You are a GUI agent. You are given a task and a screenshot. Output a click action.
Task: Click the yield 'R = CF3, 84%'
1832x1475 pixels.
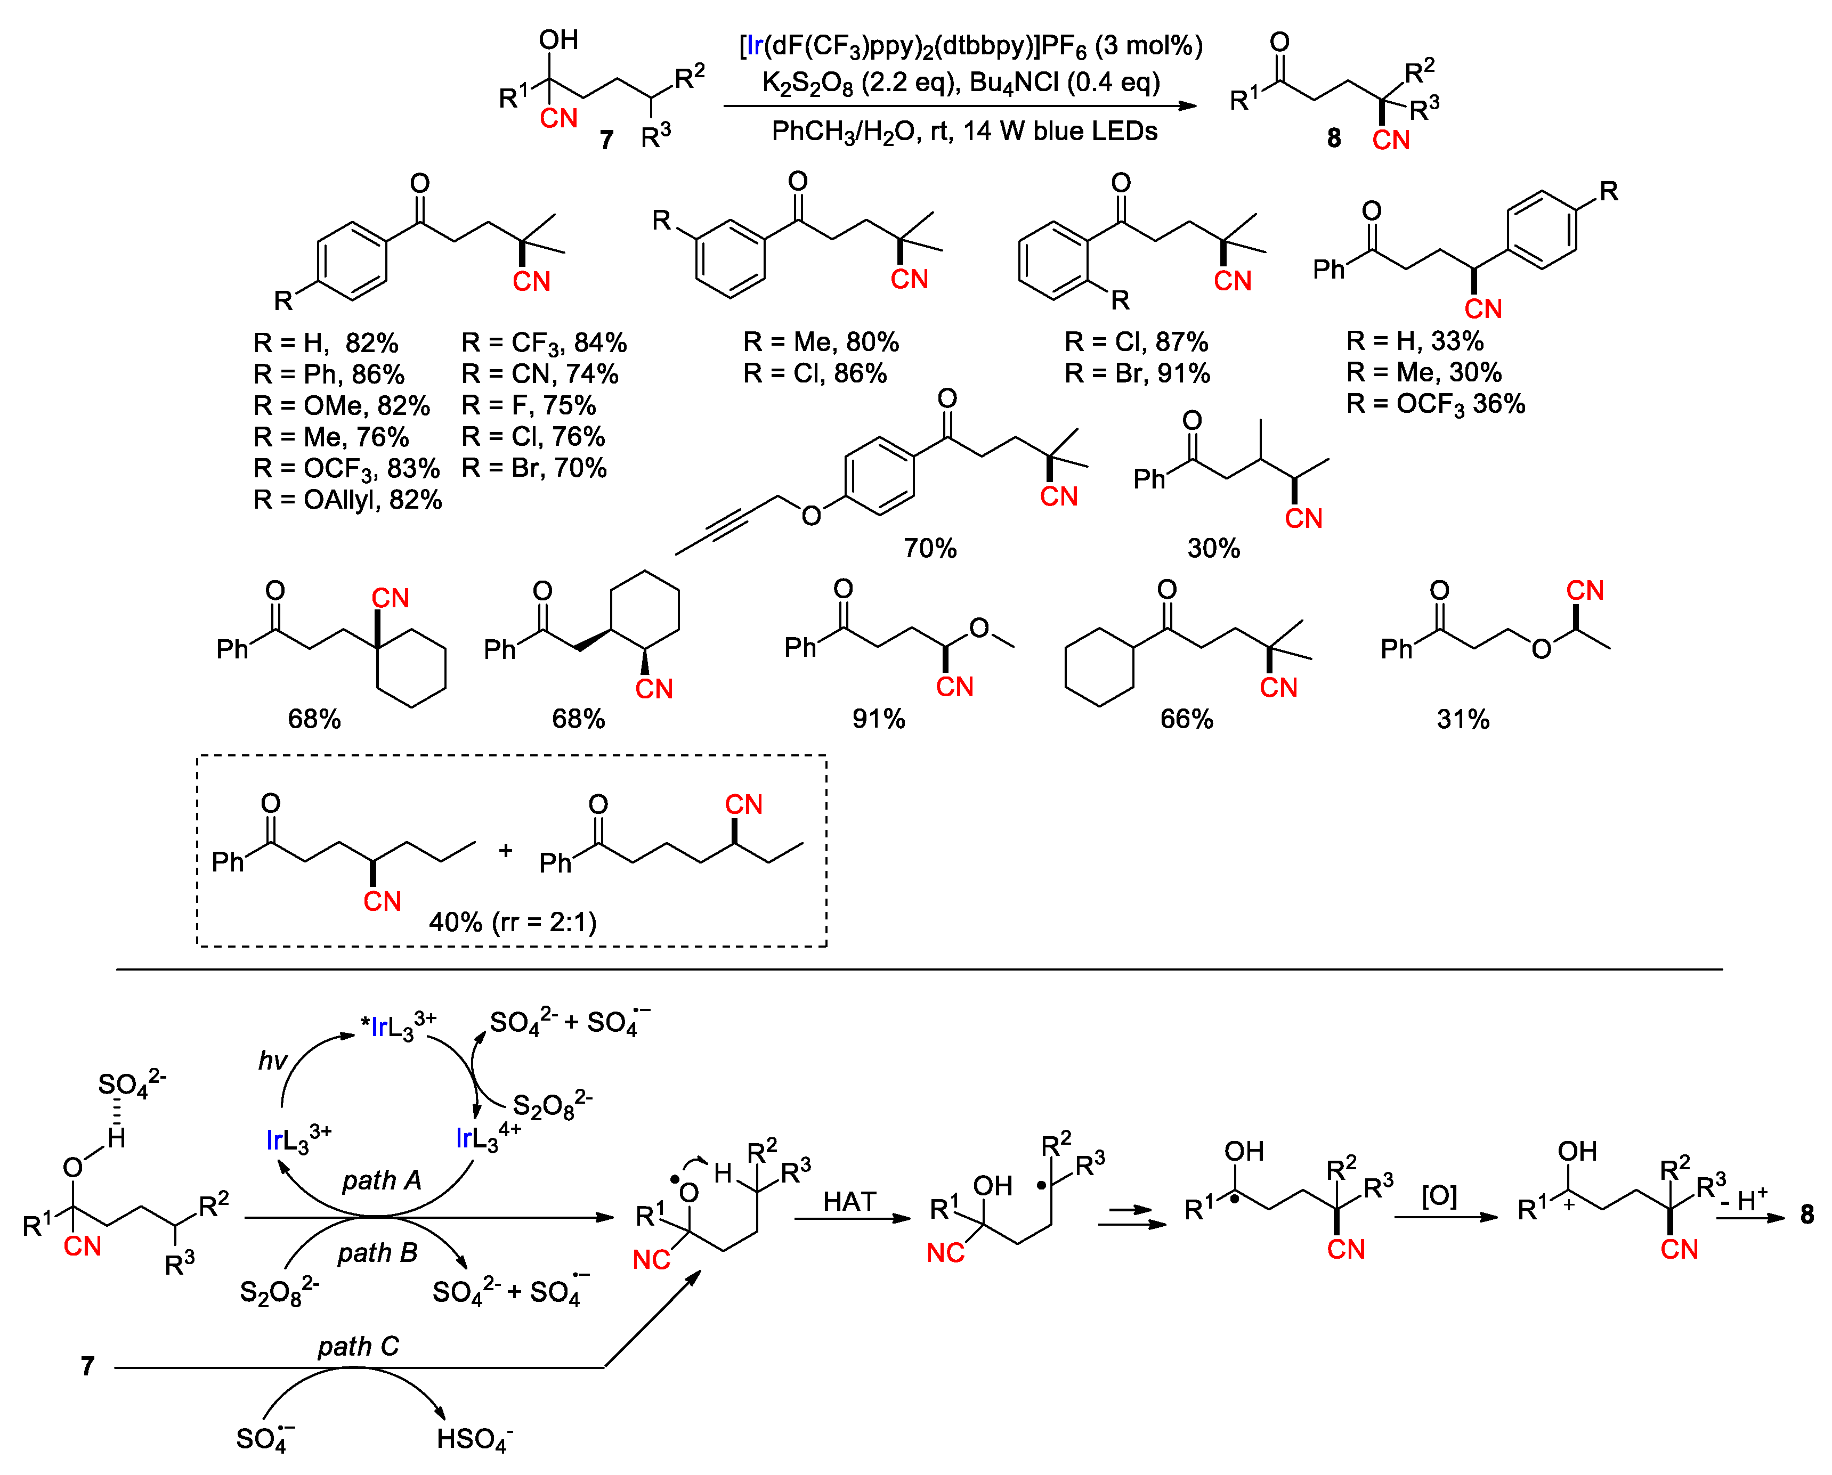pyautogui.click(x=544, y=343)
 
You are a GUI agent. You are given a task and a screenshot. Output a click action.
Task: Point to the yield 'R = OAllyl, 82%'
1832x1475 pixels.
pyautogui.click(x=347, y=500)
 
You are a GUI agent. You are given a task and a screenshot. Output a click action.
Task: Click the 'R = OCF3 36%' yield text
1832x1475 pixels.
pyautogui.click(x=1435, y=404)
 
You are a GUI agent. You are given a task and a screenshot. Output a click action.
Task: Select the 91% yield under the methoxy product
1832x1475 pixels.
pyautogui.click(x=879, y=719)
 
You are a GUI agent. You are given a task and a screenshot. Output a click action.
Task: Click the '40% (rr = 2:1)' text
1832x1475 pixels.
pyautogui.click(x=513, y=922)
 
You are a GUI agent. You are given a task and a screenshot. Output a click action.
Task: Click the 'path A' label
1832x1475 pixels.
pyautogui.click(x=382, y=1180)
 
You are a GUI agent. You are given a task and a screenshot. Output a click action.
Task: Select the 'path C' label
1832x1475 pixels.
pyautogui.click(x=358, y=1347)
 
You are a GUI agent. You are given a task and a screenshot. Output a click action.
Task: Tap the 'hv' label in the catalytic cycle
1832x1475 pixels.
pyautogui.click(x=273, y=1061)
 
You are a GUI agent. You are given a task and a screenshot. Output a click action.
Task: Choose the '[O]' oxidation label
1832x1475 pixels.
pyautogui.click(x=1439, y=1196)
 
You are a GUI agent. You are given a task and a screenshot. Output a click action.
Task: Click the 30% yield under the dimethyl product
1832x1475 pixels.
pyautogui.click(x=1213, y=548)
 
